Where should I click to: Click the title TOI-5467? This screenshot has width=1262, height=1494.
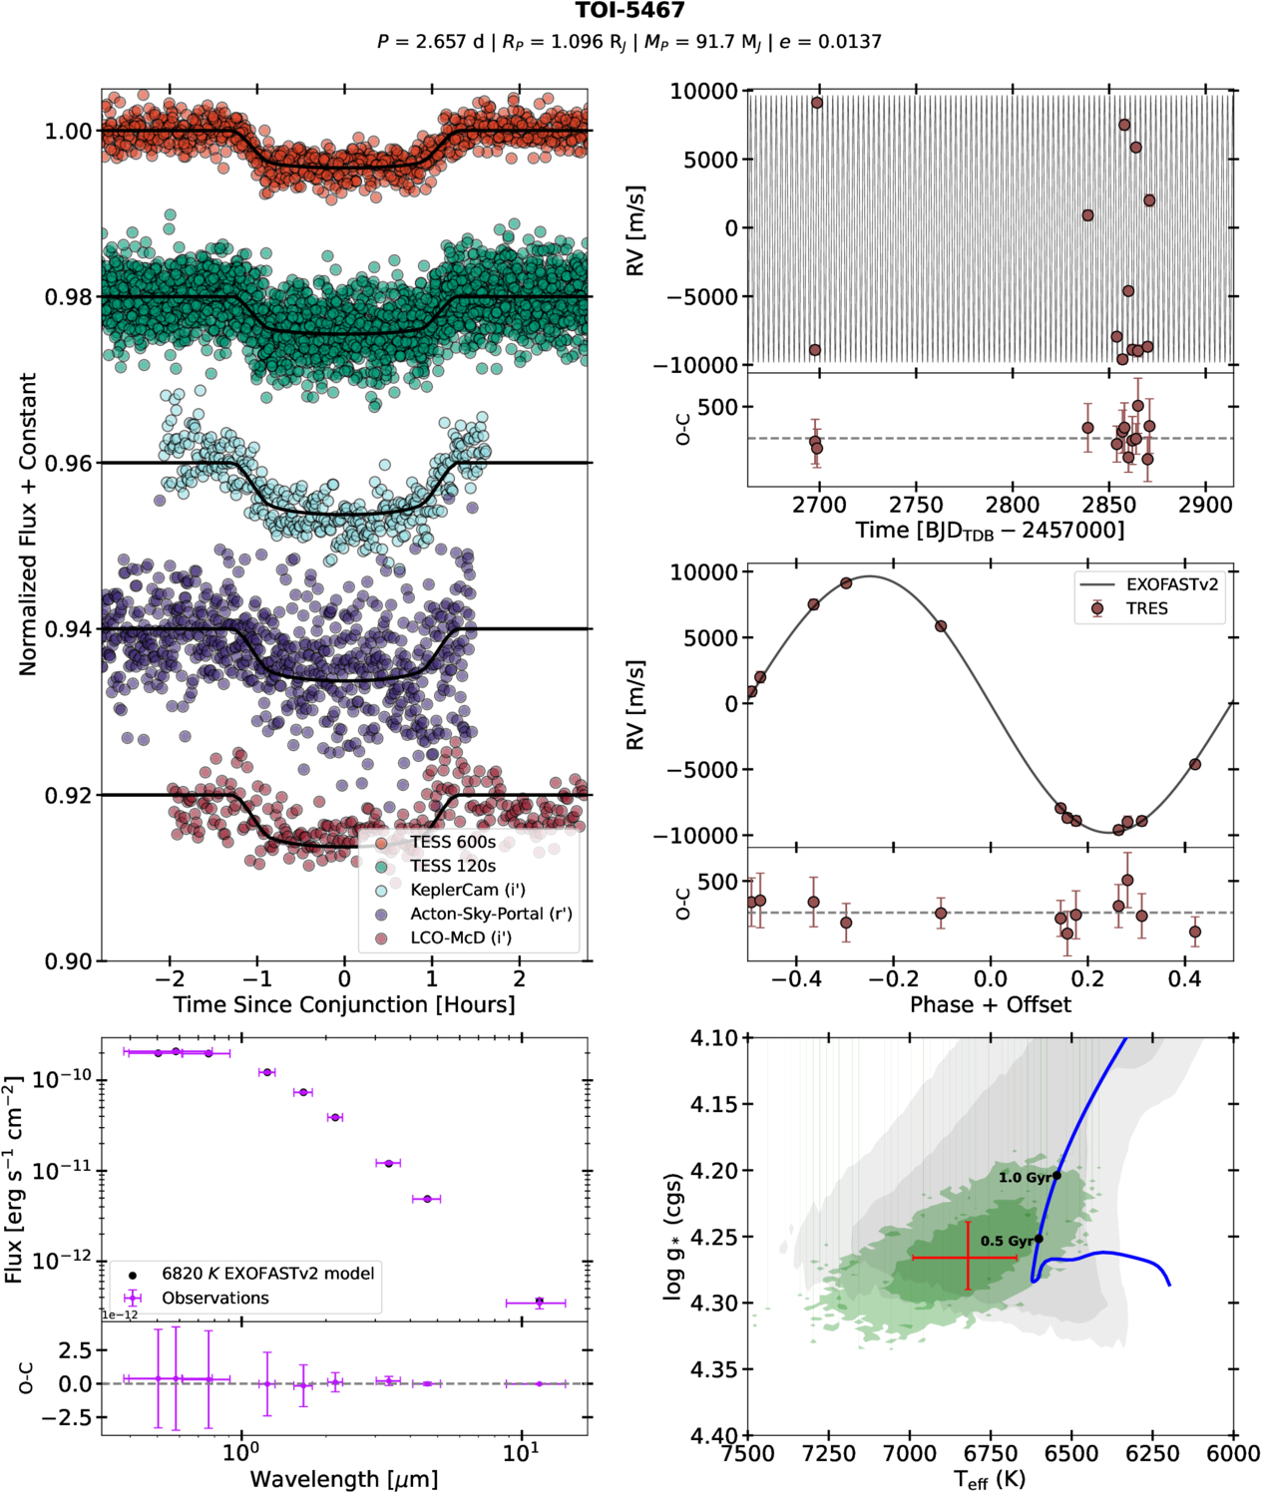(x=630, y=11)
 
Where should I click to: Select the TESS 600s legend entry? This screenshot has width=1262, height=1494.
(x=453, y=842)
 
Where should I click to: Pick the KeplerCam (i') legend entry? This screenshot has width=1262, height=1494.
(x=467, y=890)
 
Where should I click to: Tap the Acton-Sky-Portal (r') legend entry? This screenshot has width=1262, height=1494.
(x=491, y=914)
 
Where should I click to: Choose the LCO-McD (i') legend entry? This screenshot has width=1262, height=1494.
(x=461, y=937)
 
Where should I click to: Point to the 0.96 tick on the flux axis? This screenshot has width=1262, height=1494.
(x=69, y=463)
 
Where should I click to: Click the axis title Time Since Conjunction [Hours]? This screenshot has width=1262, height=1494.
(x=344, y=1004)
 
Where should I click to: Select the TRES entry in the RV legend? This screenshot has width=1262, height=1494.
(x=1146, y=608)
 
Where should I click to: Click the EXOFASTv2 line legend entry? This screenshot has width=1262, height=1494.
(x=1171, y=584)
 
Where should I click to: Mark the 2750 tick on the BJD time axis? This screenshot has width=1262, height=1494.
(x=916, y=505)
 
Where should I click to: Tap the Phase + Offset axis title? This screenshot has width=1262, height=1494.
(x=990, y=1004)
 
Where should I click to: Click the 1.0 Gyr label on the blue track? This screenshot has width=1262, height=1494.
(x=1024, y=1178)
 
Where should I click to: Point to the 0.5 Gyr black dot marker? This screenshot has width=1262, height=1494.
(x=1039, y=1239)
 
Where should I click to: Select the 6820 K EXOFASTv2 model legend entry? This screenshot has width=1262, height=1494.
(x=267, y=1274)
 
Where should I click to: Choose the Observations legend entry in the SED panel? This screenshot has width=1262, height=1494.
(x=215, y=1298)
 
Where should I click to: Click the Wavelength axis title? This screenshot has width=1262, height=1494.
(x=344, y=1479)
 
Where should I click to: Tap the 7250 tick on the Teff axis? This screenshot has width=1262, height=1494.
(x=829, y=1454)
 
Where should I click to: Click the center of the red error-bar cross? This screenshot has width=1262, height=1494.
(x=968, y=1258)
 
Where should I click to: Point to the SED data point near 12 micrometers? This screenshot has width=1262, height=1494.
(x=539, y=1302)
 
